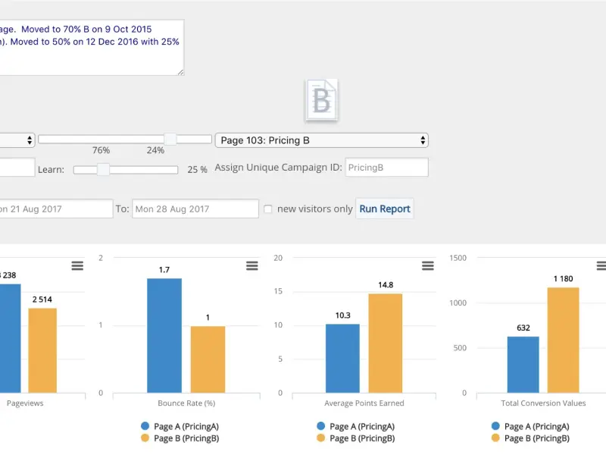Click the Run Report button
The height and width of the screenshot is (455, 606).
pyautogui.click(x=385, y=209)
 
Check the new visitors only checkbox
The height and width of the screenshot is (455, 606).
pyautogui.click(x=268, y=209)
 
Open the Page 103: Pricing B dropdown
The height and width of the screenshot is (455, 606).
pyautogui.click(x=321, y=140)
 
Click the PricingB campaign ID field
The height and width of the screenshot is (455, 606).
pyautogui.click(x=386, y=168)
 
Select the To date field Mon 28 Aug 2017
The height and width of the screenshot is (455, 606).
pyautogui.click(x=195, y=209)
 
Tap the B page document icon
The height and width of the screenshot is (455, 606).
pyautogui.click(x=321, y=100)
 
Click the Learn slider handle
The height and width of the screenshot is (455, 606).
pyautogui.click(x=103, y=169)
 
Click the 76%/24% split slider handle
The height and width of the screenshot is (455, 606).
pyautogui.click(x=170, y=139)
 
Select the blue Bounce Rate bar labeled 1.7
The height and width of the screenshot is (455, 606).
pyautogui.click(x=164, y=335)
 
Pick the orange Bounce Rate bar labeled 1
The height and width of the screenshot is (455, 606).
pyautogui.click(x=208, y=359)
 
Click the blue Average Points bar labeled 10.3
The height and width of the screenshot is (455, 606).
pyautogui.click(x=342, y=358)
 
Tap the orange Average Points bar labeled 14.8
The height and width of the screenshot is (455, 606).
pyautogui.click(x=386, y=344)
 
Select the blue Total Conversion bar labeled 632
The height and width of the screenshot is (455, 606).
pyautogui.click(x=523, y=365)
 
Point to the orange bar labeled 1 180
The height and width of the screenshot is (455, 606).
pyautogui.click(x=563, y=340)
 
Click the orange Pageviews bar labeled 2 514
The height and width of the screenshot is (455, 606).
pyautogui.click(x=42, y=350)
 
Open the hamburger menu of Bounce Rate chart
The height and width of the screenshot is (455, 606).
pyautogui.click(x=252, y=266)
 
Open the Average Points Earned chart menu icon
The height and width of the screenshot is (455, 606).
pyautogui.click(x=428, y=266)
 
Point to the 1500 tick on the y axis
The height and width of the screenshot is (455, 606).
pyautogui.click(x=458, y=258)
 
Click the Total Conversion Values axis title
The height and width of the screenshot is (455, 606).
pyautogui.click(x=543, y=403)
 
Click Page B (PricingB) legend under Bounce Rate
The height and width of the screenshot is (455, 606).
pyautogui.click(x=180, y=438)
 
